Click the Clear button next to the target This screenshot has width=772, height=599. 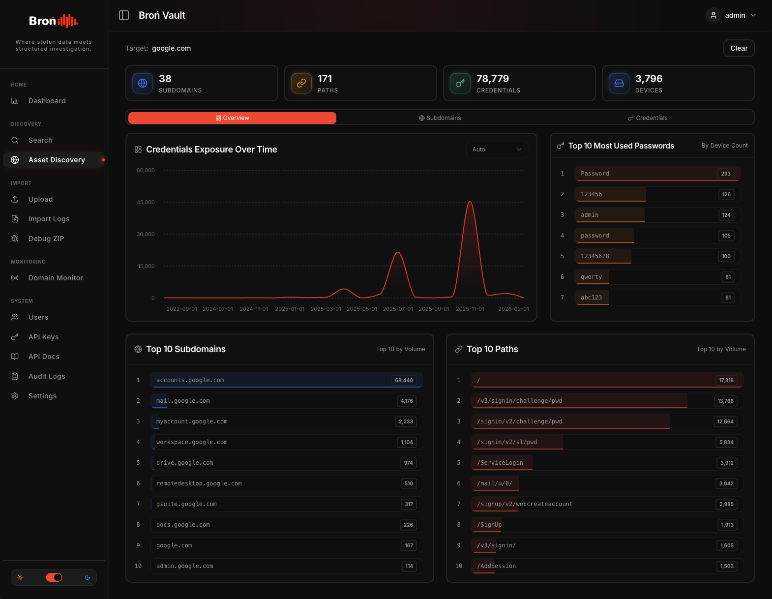tap(739, 48)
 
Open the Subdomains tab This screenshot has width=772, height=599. tap(440, 118)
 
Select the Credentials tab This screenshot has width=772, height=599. tap(647, 118)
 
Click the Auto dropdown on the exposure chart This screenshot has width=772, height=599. tap(497, 150)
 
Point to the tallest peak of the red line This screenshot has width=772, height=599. tap(470, 202)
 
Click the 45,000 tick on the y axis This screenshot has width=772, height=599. tap(146, 202)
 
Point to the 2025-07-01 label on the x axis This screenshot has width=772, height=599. tap(398, 309)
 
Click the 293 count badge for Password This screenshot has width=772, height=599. tap(726, 174)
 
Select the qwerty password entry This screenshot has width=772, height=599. tap(591, 277)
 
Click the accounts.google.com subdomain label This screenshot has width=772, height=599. tap(190, 380)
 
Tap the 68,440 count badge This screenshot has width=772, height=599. tap(404, 380)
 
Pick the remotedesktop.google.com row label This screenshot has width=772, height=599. tap(199, 483)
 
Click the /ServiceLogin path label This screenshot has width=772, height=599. tap(500, 463)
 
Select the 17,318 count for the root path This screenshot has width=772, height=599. tap(726, 380)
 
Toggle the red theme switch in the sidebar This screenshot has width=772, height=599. tap(54, 577)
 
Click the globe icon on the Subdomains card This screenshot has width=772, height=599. tap(143, 83)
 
